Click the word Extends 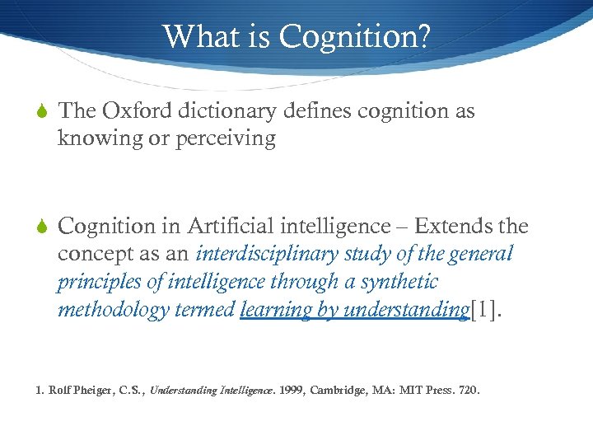pyautogui.click(x=455, y=225)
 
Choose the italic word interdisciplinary pyautogui.click(x=272, y=253)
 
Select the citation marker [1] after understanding pyautogui.click(x=483, y=309)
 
